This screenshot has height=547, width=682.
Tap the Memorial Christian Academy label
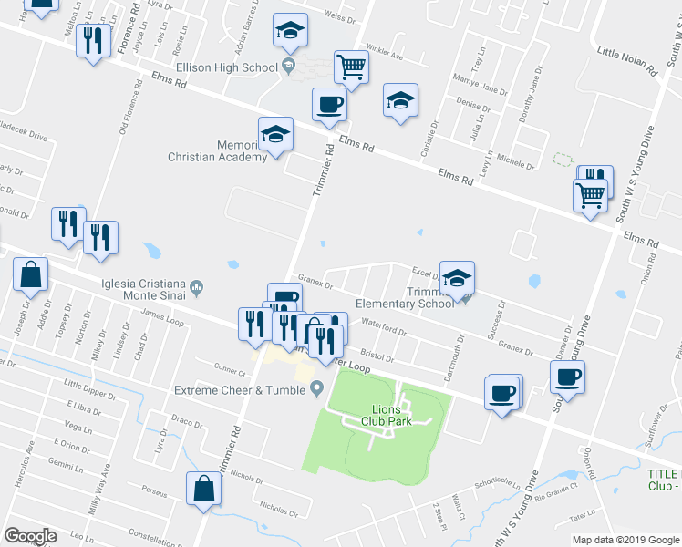pos(217,150)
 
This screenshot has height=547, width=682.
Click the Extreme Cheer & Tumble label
pos(240,390)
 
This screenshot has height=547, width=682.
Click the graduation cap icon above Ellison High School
pos(289,32)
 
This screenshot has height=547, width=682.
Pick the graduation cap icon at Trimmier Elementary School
pos(458,279)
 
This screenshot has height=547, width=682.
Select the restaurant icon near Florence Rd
pos(92,40)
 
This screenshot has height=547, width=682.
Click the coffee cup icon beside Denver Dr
pos(567,377)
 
